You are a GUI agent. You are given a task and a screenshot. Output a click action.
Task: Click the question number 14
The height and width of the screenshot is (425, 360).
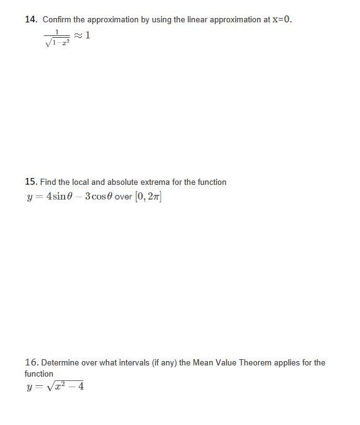(x=31, y=19)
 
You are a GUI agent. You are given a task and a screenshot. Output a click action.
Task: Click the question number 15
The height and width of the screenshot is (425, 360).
(x=31, y=182)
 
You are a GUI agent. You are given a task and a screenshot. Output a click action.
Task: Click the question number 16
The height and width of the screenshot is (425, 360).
(x=31, y=362)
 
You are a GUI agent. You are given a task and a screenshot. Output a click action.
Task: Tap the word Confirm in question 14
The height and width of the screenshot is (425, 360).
(x=57, y=19)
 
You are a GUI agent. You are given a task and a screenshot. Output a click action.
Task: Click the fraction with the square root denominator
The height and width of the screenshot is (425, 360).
(x=57, y=37)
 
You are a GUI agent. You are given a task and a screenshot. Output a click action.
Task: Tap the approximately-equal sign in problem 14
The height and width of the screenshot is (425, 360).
(x=78, y=35)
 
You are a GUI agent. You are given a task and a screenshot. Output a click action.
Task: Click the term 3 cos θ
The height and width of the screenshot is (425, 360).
(x=98, y=197)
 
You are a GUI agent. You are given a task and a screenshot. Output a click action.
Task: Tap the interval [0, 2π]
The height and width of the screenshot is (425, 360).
(x=148, y=197)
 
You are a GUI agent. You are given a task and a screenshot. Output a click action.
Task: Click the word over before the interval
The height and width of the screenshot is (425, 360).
(x=123, y=197)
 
